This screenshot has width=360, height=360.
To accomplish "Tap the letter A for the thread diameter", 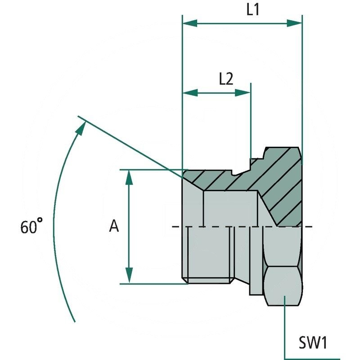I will [114, 226].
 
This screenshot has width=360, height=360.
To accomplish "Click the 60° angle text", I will [31, 226].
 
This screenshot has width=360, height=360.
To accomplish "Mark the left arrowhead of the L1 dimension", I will [189, 23].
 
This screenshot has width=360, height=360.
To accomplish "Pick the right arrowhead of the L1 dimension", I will [295, 23].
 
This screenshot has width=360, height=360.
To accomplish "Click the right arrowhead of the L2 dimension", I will [244, 93].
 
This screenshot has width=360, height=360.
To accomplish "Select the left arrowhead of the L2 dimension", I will [189, 93].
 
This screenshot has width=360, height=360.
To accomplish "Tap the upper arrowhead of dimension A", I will [129, 177].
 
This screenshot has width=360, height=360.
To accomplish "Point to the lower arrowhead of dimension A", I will [129, 276].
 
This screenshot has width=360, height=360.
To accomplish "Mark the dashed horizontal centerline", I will [216, 226].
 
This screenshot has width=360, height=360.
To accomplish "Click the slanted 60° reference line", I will [130, 146].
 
